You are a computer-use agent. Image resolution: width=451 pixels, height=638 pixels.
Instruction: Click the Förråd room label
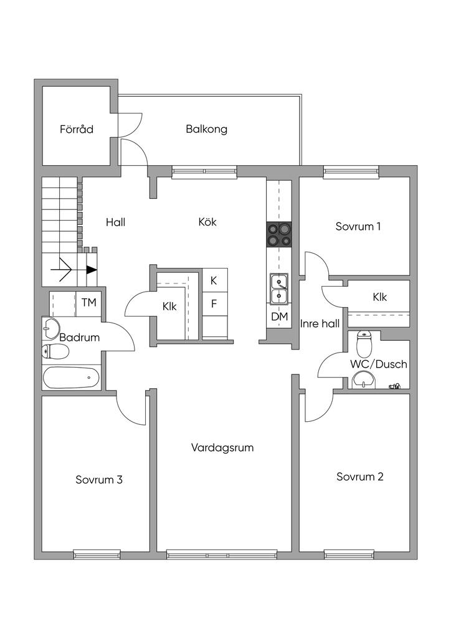77,130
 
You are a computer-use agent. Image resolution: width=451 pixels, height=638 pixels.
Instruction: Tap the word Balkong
206,130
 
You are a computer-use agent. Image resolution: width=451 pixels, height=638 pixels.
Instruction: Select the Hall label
116,222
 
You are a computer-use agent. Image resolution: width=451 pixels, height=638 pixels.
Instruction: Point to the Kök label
207,222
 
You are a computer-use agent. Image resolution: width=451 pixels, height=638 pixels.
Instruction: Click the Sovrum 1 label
358,226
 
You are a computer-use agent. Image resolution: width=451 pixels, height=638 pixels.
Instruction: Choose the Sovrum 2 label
359,477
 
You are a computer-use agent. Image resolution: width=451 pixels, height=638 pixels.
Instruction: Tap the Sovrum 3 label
99,480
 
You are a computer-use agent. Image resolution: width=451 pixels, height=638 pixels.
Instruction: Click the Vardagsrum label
222,447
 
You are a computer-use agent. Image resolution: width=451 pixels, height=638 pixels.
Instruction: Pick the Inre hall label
320,323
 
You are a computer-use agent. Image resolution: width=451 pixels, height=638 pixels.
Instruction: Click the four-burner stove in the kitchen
278,234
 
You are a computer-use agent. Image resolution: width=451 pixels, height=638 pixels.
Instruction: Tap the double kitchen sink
278,288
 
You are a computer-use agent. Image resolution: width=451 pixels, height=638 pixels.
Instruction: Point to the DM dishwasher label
278,317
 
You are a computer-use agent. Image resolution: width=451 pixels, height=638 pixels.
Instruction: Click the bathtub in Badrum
70,378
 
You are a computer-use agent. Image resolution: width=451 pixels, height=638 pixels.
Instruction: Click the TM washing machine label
89,303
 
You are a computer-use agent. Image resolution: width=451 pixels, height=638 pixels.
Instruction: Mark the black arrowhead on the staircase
92,270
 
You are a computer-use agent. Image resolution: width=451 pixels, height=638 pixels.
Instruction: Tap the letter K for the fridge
214,280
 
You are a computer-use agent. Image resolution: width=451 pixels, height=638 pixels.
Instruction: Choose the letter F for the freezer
214,305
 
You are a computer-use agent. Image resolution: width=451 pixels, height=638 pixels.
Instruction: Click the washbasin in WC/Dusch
363,379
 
